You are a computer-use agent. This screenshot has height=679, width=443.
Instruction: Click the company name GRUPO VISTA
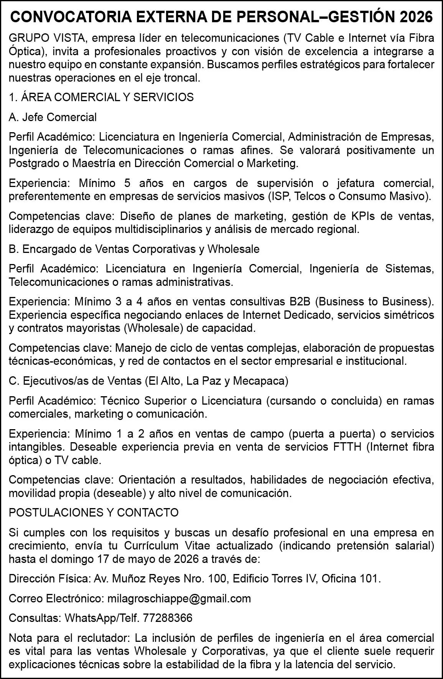point(49,38)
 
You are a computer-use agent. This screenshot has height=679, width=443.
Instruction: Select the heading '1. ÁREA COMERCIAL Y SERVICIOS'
point(101,97)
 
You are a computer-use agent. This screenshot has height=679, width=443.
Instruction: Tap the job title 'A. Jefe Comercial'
point(53,117)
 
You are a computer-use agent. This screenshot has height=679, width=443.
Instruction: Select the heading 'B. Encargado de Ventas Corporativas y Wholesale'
point(134,249)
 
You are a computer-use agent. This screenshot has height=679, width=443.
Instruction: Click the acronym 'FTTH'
point(348,447)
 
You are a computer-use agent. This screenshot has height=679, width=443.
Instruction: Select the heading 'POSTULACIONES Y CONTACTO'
point(94,513)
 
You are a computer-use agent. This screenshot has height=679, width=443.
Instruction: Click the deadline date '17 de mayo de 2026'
point(147,559)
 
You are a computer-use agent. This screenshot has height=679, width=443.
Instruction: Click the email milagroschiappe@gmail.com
point(179,599)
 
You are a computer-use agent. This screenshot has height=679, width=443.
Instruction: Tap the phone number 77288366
point(168,618)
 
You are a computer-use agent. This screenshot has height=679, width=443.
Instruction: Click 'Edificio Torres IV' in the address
point(275,579)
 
